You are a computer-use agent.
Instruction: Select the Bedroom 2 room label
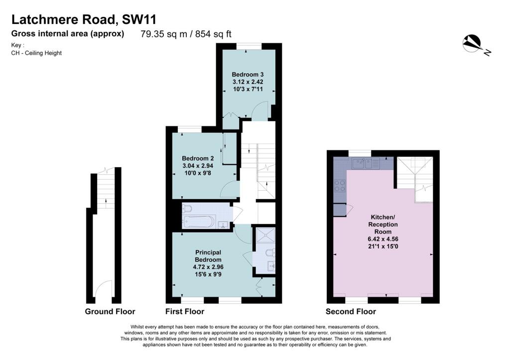(198, 158)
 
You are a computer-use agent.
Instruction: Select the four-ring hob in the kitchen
(340, 186)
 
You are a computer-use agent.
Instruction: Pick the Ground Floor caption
(110, 312)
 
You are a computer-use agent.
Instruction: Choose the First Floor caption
(185, 312)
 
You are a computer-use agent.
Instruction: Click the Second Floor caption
(351, 312)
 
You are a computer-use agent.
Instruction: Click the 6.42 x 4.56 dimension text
(383, 239)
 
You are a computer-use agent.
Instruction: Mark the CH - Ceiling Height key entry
(36, 53)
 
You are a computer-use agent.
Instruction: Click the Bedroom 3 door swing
(259, 112)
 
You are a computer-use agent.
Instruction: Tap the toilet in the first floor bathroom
(187, 208)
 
